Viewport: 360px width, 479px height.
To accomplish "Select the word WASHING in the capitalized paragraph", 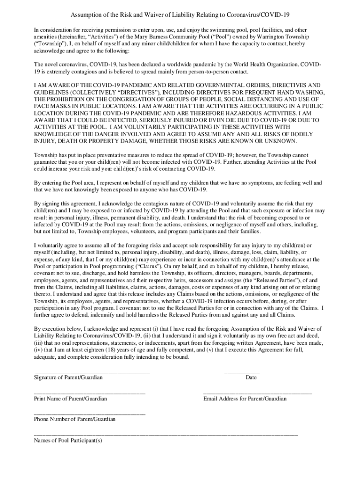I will pos(305,92).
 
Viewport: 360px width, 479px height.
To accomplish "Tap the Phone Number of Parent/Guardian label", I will pos(75,419).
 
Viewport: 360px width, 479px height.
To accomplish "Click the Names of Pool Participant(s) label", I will pos(68,440).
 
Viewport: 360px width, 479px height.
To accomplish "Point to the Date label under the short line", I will pos(251,377).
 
